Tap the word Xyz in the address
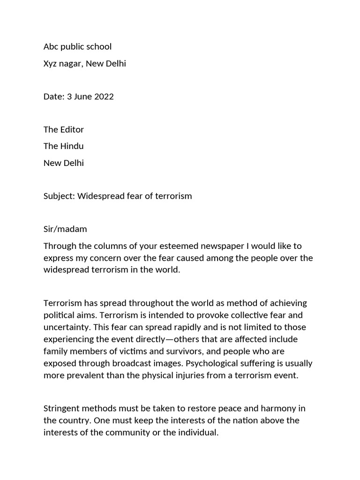[51, 63]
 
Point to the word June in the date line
[83, 97]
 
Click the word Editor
[72, 129]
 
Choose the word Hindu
[72, 146]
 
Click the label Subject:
[59, 196]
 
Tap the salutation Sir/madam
[65, 229]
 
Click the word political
[58, 315]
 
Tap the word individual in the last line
[197, 432]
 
